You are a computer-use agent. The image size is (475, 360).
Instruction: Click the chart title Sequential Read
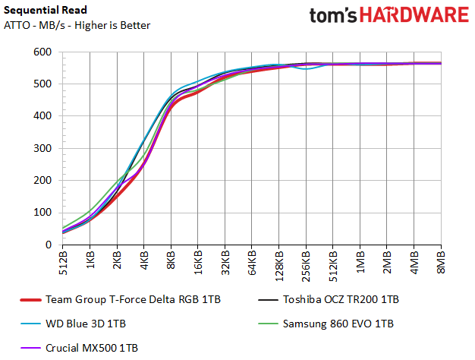46,11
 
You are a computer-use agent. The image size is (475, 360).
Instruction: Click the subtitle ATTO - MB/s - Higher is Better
77,26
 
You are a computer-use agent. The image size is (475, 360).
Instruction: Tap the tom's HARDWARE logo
389,15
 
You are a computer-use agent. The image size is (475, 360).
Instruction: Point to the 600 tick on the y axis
42,52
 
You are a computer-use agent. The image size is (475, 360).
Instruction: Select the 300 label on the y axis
42,148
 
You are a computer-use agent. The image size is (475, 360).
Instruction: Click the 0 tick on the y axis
49,245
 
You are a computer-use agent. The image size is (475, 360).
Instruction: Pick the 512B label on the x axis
63,263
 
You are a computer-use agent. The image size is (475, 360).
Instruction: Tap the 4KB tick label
144,261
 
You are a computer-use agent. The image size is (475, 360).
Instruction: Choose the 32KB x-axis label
225,263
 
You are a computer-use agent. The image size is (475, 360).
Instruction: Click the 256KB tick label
307,266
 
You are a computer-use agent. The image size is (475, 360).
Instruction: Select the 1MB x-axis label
360,261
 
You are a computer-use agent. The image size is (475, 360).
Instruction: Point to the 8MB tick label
442,262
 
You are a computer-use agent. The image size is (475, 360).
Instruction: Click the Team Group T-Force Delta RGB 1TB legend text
133,300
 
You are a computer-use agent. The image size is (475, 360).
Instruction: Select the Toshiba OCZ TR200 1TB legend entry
341,300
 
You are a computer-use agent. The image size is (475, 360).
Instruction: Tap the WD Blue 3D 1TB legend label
86,324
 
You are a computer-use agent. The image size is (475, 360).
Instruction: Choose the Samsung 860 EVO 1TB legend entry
338,324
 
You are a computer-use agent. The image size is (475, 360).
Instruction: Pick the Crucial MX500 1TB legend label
92,348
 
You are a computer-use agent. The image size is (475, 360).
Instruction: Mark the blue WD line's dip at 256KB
307,69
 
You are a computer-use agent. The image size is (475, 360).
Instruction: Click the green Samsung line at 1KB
90,210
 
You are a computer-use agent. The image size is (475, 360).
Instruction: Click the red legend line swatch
30,300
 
